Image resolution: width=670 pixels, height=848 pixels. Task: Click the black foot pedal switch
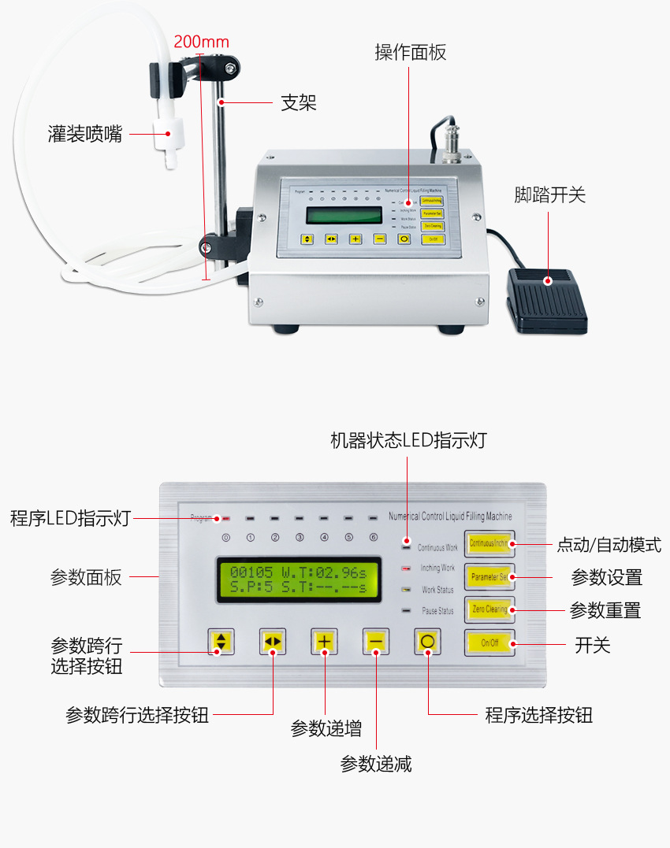click(x=547, y=301)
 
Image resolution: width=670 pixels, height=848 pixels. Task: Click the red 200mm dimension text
click(x=201, y=42)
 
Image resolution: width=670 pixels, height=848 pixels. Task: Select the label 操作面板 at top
click(x=410, y=53)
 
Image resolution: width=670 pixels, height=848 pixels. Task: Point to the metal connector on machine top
click(x=452, y=142)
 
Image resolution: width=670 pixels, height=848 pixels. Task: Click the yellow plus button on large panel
click(x=324, y=642)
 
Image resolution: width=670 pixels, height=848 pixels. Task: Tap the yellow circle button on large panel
click(x=427, y=642)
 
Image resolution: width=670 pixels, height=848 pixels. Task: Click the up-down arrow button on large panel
click(x=221, y=642)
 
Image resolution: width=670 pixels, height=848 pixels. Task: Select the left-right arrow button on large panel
click(x=273, y=642)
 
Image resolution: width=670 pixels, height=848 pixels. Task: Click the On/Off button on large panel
click(x=489, y=642)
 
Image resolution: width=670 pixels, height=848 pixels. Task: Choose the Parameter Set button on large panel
click(x=489, y=576)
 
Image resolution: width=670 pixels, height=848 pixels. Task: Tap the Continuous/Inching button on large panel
click(x=489, y=543)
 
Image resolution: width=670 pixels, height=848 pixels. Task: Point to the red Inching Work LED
click(x=407, y=568)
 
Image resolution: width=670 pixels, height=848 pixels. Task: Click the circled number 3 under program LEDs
click(x=300, y=538)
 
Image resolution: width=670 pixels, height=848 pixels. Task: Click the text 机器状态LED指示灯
click(x=408, y=440)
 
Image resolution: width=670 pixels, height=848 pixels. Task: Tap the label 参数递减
click(x=375, y=763)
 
